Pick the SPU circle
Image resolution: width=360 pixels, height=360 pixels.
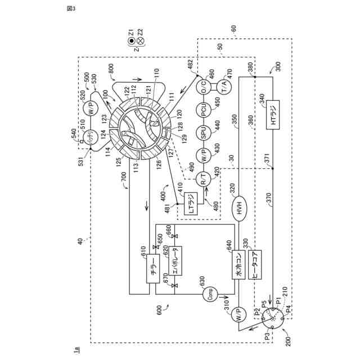tap(204, 133)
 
